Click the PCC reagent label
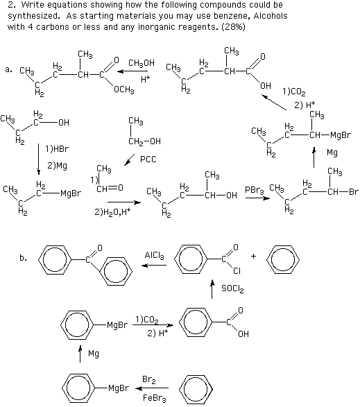[148, 159]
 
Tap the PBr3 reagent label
[255, 191]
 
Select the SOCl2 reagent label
[232, 288]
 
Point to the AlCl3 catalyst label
[154, 255]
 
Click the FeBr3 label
[154, 398]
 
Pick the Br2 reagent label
[149, 380]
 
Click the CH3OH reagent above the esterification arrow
[142, 63]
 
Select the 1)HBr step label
[57, 149]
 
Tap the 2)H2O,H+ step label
[112, 212]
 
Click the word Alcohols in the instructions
[271, 16]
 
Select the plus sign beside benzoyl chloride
[253, 256]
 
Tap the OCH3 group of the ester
[124, 90]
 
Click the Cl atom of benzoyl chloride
[237, 271]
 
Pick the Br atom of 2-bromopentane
[354, 192]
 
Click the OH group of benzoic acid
[243, 334]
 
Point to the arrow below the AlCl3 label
[154, 266]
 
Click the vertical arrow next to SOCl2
[212, 289]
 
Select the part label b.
[23, 258]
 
